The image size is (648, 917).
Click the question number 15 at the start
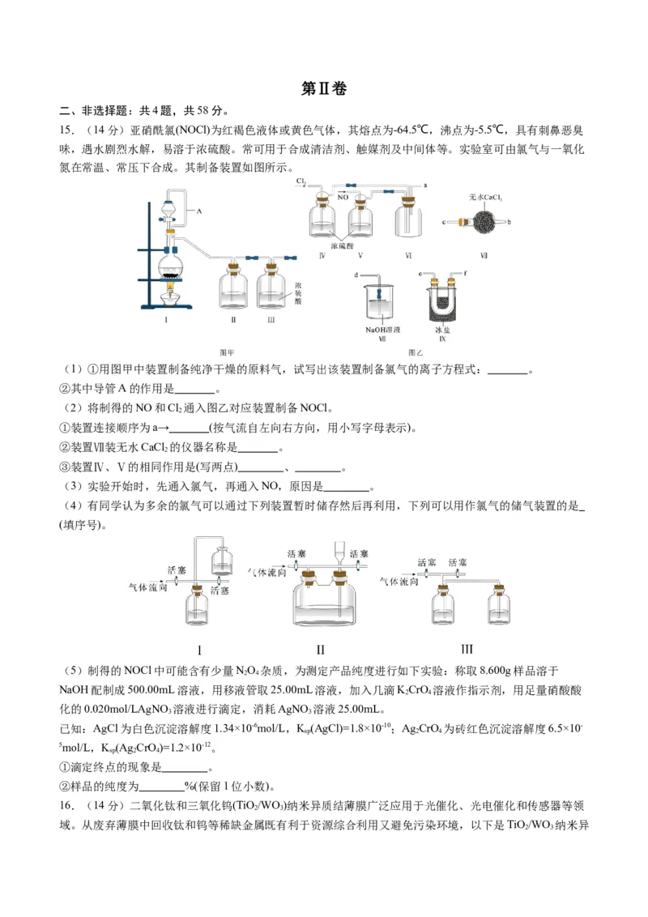tap(66, 130)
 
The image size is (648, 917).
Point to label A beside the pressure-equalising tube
tap(198, 209)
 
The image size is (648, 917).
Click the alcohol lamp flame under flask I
tap(172, 282)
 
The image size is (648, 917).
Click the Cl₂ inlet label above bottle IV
tap(301, 181)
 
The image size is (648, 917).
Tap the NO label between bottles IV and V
tap(343, 197)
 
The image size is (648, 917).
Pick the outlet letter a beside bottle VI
tap(425, 186)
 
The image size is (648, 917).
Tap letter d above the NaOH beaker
tap(356, 276)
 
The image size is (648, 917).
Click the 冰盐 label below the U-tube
tap(442, 330)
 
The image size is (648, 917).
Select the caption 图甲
tap(227, 352)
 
